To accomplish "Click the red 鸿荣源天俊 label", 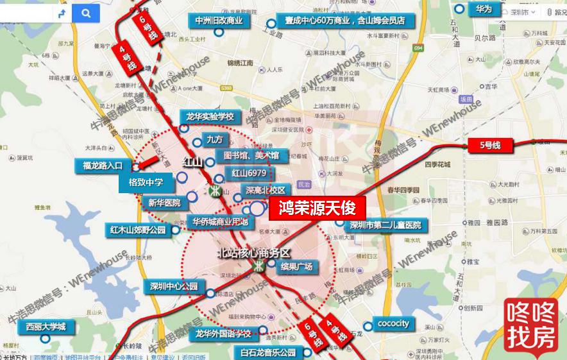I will click(317, 208).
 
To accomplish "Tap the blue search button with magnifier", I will click(85, 12).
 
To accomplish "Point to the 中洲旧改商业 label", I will click(219, 21).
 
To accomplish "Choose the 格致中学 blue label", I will click(146, 183).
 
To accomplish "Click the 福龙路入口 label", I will click(103, 166).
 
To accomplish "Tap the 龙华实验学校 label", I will click(210, 117).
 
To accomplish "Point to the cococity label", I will click(393, 323).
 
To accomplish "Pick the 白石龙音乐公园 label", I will click(268, 352).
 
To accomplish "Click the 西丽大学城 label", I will click(46, 327).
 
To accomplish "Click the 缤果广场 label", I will click(296, 266).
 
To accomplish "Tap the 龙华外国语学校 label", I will click(223, 333).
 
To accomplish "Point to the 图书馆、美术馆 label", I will click(250, 155).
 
